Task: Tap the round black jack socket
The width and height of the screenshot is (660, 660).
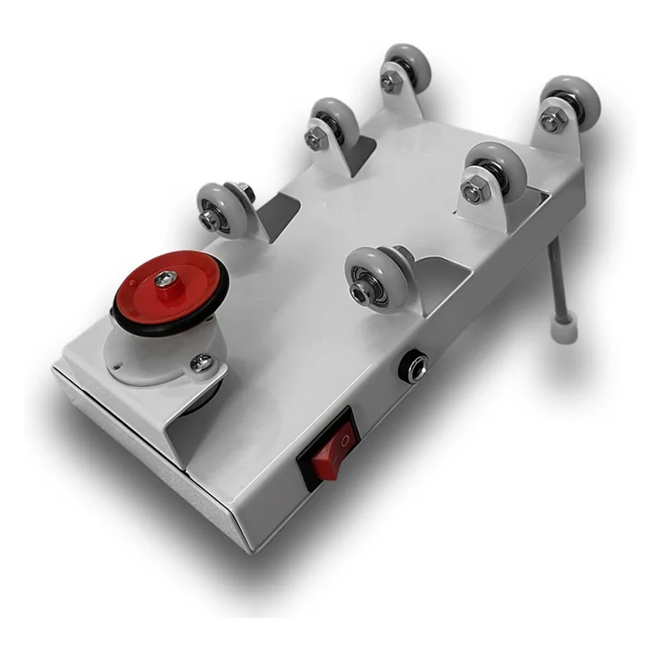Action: click(x=412, y=366)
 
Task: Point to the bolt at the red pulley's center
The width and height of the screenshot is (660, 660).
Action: click(x=166, y=280)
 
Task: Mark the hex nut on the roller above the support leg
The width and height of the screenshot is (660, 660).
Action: click(x=551, y=122)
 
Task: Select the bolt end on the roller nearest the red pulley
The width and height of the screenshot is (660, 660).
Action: click(x=208, y=220)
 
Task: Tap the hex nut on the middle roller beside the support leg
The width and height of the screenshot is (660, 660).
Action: click(x=473, y=193)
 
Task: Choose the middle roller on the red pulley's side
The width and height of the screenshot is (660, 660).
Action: click(x=334, y=125)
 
